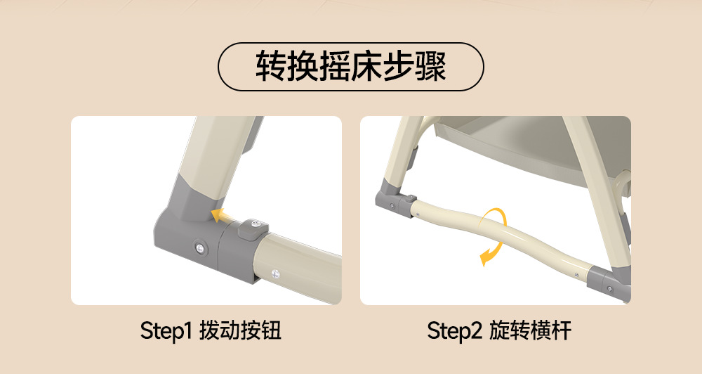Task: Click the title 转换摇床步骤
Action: tap(350, 66)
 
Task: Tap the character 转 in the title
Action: tap(271, 66)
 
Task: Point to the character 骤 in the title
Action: tap(431, 66)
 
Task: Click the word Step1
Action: tap(166, 331)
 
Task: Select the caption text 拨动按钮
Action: tap(240, 330)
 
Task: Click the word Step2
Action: tap(454, 331)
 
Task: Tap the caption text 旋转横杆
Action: tap(530, 330)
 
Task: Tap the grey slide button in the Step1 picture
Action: tap(253, 228)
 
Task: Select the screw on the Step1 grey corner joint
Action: tap(199, 246)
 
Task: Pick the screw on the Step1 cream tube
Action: tap(275, 273)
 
